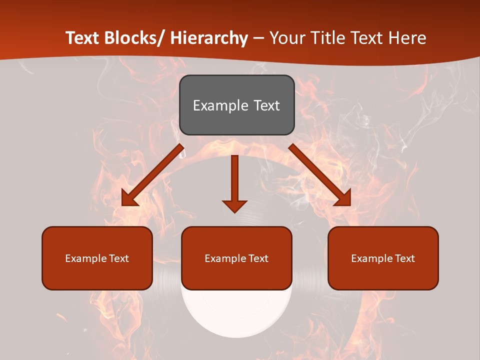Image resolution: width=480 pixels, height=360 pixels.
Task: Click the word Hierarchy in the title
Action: [x=209, y=38]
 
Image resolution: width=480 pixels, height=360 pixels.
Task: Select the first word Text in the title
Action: [x=83, y=38]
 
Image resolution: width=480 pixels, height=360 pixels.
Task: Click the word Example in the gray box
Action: [x=220, y=105]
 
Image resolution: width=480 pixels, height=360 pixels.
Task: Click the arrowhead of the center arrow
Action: [x=234, y=205]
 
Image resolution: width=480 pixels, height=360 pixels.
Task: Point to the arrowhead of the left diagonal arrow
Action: [x=128, y=199]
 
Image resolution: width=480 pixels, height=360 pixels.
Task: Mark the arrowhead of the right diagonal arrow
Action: [x=344, y=199]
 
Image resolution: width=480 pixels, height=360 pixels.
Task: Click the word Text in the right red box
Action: [x=404, y=258]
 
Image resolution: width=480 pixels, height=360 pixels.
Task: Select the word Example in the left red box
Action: [x=86, y=258]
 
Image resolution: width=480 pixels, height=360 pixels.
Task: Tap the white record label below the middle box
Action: [x=236, y=315]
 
